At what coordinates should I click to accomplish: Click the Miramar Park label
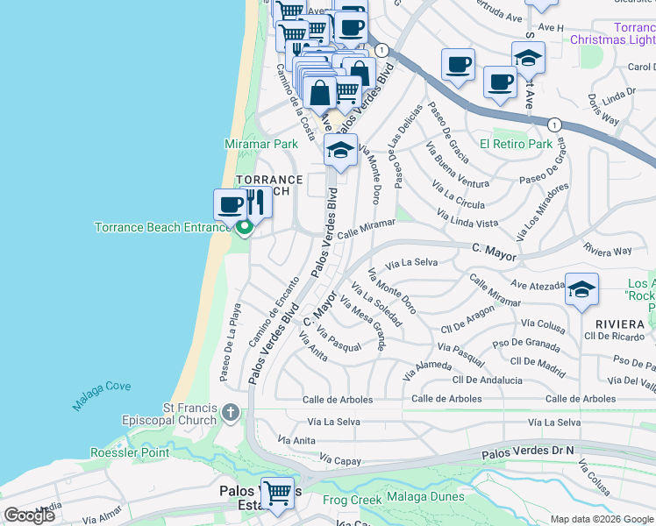click(x=261, y=144)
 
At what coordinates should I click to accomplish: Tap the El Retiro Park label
click(x=516, y=144)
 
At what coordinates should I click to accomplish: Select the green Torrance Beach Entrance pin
click(x=244, y=228)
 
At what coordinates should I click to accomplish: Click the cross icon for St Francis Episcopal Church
click(x=230, y=412)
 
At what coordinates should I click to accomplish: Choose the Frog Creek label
click(x=352, y=500)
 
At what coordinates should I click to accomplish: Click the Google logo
click(x=30, y=515)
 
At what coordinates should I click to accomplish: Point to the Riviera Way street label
click(x=607, y=251)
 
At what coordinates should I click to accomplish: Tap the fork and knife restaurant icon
click(x=255, y=203)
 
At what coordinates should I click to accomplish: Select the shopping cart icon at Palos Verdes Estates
click(x=278, y=493)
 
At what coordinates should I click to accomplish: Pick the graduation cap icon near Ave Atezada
click(x=581, y=289)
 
